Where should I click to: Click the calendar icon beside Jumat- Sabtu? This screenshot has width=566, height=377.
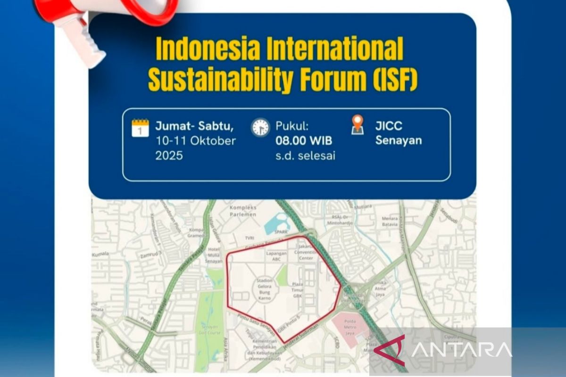[x=140, y=128]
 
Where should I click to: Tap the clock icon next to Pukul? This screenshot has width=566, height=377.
[x=260, y=128]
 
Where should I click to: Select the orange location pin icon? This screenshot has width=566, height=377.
[x=358, y=124]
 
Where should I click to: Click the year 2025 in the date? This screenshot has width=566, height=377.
[x=169, y=156]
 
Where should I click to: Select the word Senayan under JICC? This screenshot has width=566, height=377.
[x=399, y=141]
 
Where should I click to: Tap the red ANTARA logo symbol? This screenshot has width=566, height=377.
[x=390, y=350]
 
